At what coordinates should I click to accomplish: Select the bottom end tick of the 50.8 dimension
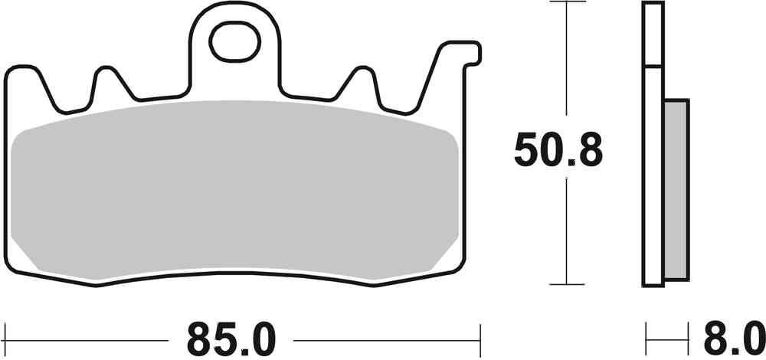coord(566,286)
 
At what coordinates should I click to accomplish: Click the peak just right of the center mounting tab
coord(360,71)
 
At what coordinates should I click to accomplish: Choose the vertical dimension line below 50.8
coord(566,230)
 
